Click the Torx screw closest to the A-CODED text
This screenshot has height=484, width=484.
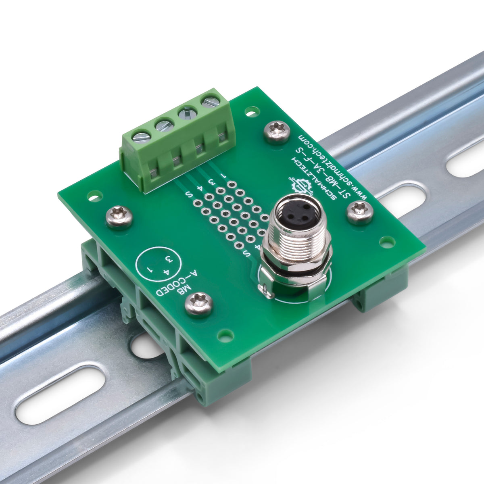pos(199,303)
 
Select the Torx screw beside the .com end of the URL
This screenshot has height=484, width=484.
pos(277,132)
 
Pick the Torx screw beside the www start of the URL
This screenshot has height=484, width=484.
pos(360,212)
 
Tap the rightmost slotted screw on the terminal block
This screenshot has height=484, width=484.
pos(211,101)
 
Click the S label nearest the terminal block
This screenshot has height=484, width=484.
pos(189,195)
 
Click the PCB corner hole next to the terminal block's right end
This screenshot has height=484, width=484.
pos(252,111)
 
